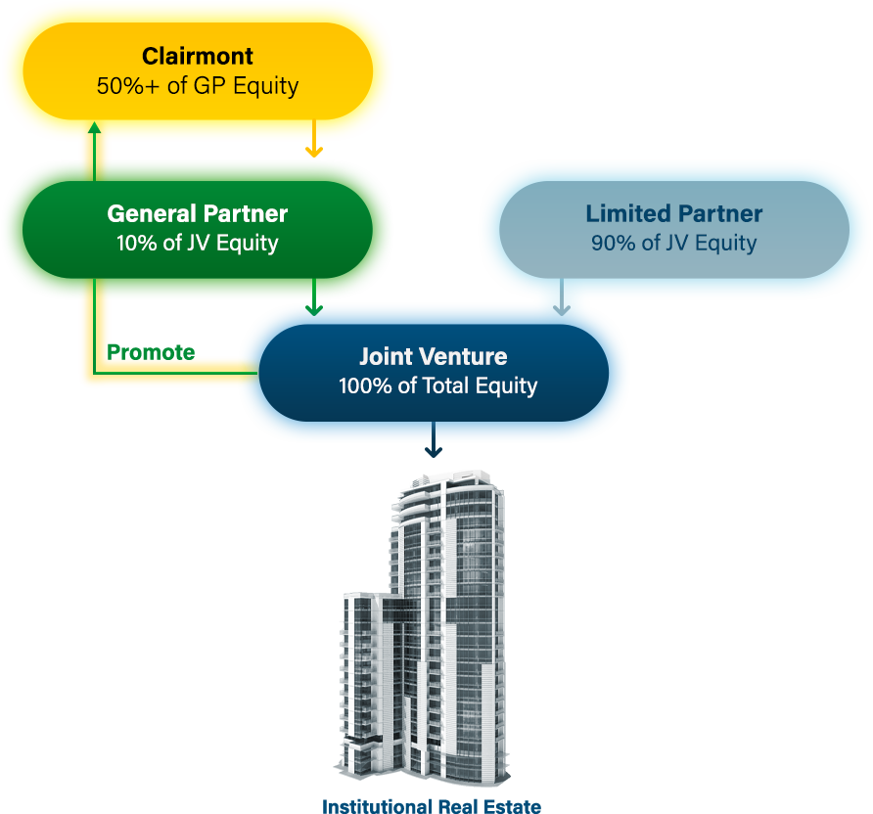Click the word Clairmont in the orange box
point(198,56)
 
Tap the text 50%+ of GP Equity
point(198,85)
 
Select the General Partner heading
point(198,213)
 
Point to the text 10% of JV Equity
point(198,243)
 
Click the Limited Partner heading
point(673,213)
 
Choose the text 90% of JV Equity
point(673,243)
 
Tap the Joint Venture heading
point(433,356)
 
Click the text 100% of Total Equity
point(437,385)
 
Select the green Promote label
point(151,352)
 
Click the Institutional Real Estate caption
point(432,806)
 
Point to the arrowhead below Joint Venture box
point(434,451)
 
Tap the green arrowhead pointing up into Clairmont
point(94,128)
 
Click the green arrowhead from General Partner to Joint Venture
point(313,309)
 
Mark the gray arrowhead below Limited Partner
point(561,310)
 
